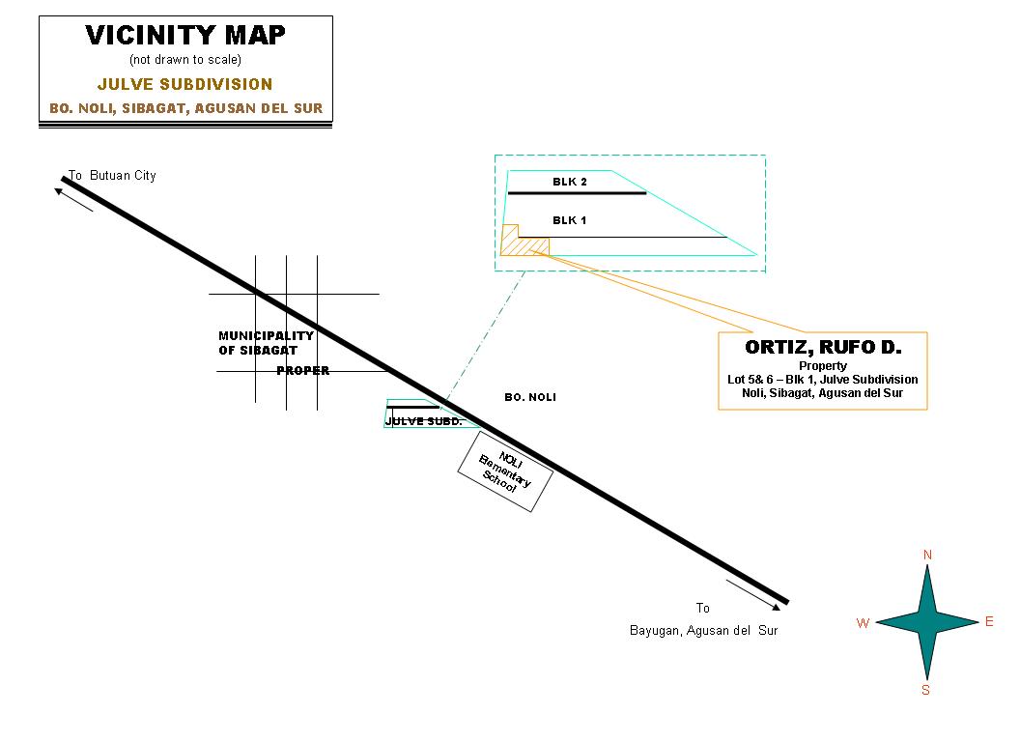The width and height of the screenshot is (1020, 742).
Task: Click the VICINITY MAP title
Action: pyautogui.click(x=185, y=36)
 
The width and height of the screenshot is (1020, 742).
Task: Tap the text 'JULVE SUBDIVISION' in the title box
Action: pyautogui.click(x=185, y=85)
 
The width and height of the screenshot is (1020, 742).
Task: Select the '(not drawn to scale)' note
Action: pyautogui.click(x=185, y=60)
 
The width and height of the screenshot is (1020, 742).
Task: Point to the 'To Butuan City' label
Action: pyautogui.click(x=112, y=176)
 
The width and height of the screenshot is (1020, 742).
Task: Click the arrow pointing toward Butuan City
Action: pyautogui.click(x=73, y=199)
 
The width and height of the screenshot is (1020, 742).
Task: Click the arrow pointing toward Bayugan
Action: pyautogui.click(x=754, y=594)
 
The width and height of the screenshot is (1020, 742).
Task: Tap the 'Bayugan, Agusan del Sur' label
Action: pyautogui.click(x=703, y=631)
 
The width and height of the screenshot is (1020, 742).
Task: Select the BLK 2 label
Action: pyautogui.click(x=569, y=182)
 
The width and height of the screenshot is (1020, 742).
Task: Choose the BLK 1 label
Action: pyautogui.click(x=569, y=220)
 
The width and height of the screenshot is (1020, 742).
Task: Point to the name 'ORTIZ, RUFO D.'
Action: pyautogui.click(x=823, y=347)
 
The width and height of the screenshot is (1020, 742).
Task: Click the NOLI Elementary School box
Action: pyautogui.click(x=504, y=471)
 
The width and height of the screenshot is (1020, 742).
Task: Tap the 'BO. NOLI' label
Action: pyautogui.click(x=530, y=397)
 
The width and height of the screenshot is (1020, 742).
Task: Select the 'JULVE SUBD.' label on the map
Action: pyautogui.click(x=424, y=421)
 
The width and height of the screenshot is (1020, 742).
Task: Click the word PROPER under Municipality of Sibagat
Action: pyautogui.click(x=303, y=371)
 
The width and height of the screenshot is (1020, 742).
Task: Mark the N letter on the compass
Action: pyautogui.click(x=927, y=555)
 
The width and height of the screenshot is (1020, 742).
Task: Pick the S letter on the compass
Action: pyautogui.click(x=925, y=690)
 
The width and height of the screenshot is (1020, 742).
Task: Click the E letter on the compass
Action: pyautogui.click(x=989, y=622)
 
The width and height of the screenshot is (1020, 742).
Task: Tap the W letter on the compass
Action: pyautogui.click(x=863, y=623)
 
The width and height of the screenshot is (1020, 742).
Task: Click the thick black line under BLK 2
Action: pyautogui.click(x=577, y=193)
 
